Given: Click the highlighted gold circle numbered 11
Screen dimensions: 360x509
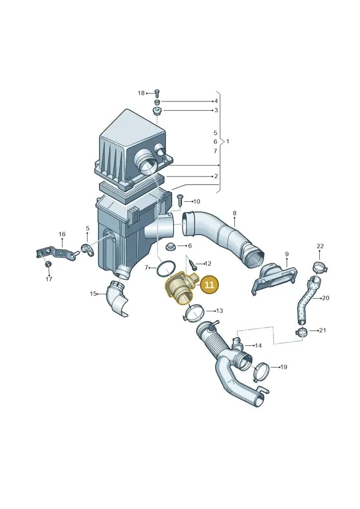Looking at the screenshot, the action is pyautogui.click(x=209, y=285).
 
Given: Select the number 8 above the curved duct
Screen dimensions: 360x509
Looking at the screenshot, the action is pyautogui.click(x=235, y=213).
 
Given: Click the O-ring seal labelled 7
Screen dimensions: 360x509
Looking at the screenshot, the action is pyautogui.click(x=166, y=269).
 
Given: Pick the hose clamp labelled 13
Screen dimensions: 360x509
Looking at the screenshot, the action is pyautogui.click(x=193, y=314).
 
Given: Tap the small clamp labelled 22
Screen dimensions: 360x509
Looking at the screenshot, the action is pyautogui.click(x=320, y=267).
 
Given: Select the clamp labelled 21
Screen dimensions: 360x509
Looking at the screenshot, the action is pyautogui.click(x=302, y=332).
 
